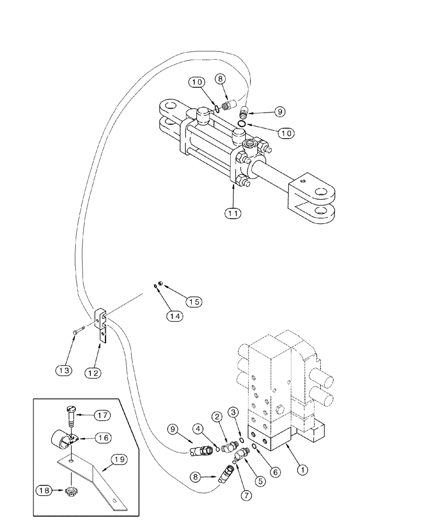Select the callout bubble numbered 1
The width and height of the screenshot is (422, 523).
301,469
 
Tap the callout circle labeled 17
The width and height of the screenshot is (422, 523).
102,416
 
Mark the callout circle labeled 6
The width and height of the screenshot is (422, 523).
276,471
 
